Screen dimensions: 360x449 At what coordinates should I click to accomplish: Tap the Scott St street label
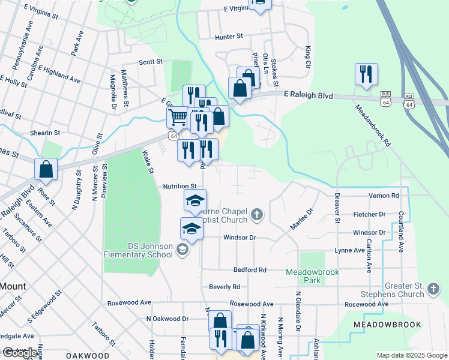tap(151, 62)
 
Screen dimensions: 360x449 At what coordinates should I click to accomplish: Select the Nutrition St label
tap(180, 187)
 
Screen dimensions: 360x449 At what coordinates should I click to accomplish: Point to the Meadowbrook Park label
tap(312, 277)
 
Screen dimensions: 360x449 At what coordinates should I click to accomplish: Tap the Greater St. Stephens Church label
tap(393, 290)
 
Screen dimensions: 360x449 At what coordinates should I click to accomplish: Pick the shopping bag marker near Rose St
tap(46, 170)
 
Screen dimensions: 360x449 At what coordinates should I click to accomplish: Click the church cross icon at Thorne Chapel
tap(257, 214)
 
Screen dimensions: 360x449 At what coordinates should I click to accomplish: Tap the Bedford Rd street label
tap(250, 270)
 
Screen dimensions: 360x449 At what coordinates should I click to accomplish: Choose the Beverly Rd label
tap(224, 287)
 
